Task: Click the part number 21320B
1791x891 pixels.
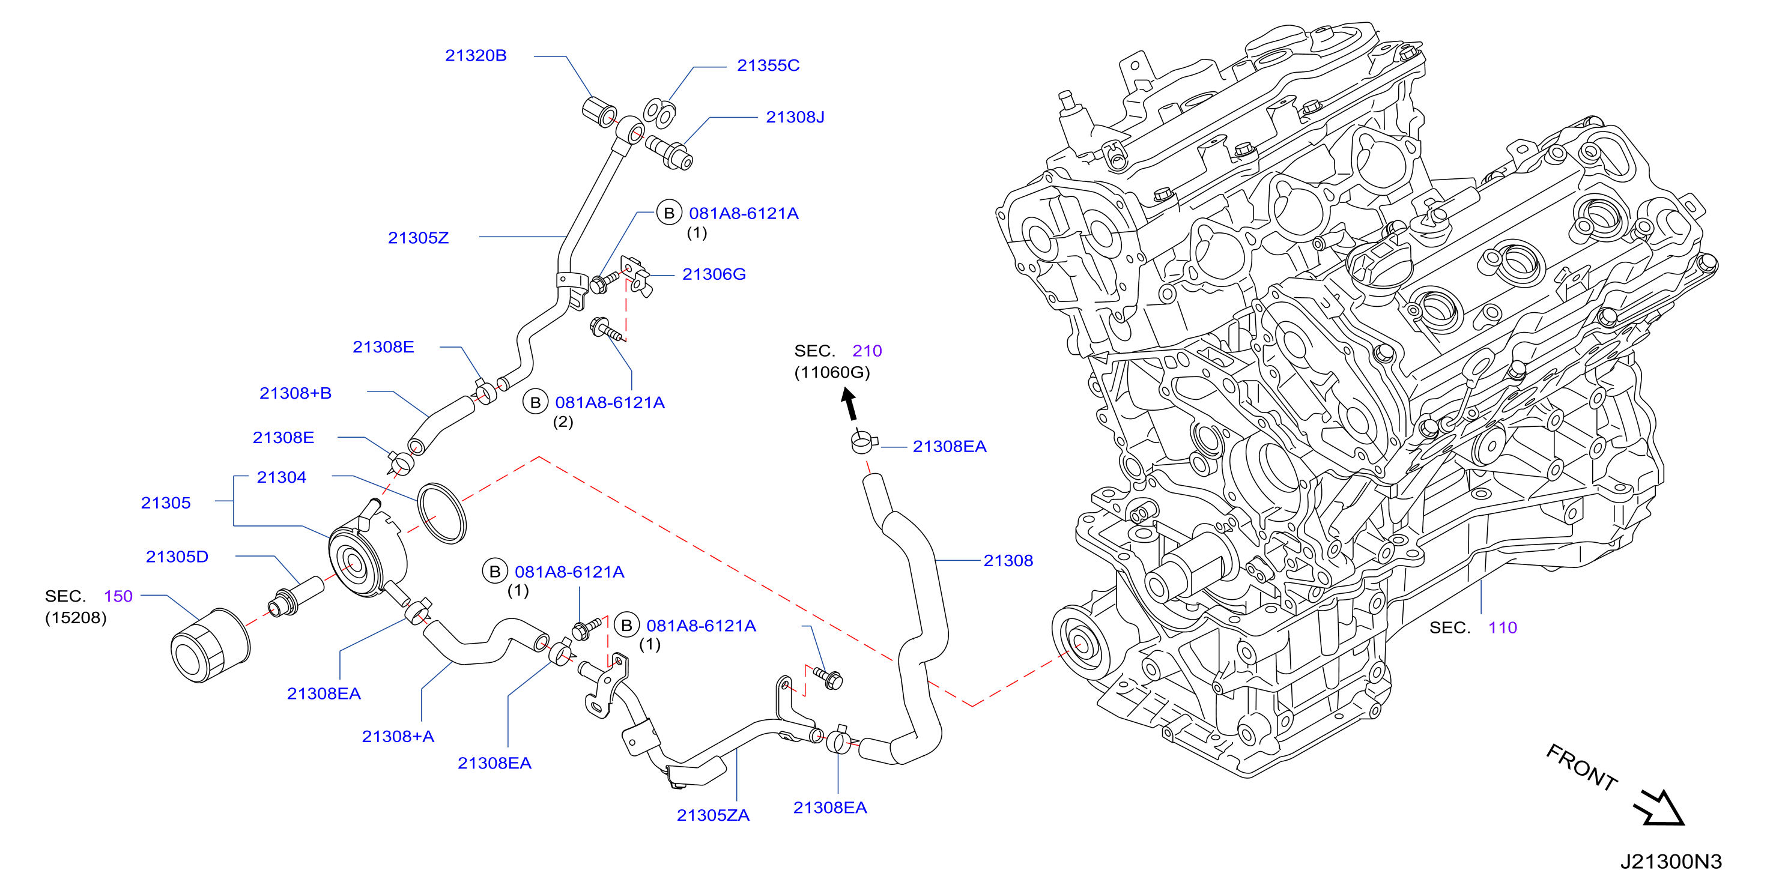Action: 476,56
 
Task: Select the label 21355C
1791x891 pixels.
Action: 768,65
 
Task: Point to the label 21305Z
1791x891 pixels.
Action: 418,238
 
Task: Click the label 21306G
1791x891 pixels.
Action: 714,274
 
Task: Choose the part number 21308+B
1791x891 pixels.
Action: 295,393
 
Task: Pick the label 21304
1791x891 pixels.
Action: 282,477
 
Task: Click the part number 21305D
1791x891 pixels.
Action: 177,557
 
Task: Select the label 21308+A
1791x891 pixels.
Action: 398,737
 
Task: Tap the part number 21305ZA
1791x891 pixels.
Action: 714,816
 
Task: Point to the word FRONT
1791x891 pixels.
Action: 1582,767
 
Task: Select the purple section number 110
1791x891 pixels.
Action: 1503,628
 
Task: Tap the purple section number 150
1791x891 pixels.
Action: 118,596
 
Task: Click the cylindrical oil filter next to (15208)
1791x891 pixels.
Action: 210,645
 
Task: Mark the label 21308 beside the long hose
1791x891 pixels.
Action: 1008,561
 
